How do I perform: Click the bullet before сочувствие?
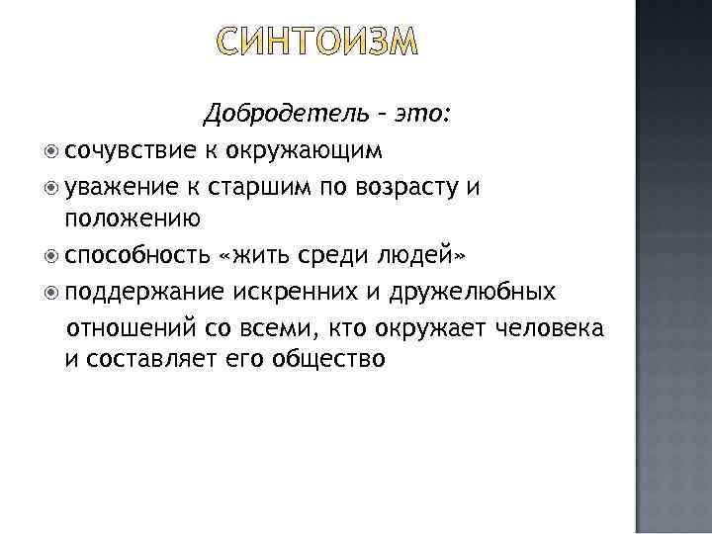click(51, 151)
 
